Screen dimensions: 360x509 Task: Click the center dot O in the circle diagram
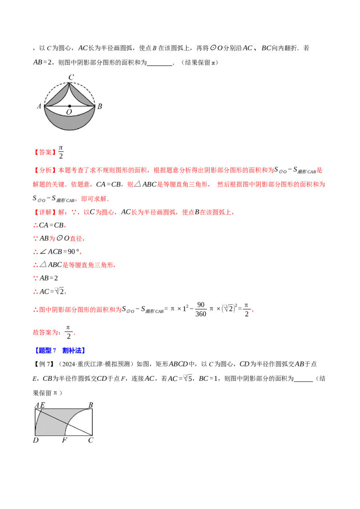pos(70,106)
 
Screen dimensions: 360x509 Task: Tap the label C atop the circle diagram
pos(71,77)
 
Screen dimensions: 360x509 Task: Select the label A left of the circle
pos(39,106)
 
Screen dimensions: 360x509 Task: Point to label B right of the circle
pos(100,106)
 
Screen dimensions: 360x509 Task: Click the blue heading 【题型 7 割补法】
pos(60,350)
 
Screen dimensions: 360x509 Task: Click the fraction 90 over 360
pos(201,309)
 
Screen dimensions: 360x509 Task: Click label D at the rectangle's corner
pos(36,440)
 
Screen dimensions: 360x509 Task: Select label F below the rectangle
pos(64,440)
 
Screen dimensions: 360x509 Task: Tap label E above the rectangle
pos(42,405)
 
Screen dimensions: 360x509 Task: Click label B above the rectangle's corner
pos(90,405)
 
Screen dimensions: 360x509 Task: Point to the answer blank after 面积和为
pos(159,63)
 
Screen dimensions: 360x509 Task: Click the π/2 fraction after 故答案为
pos(68,332)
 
